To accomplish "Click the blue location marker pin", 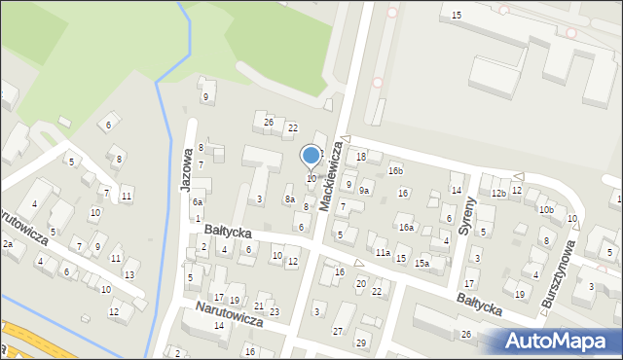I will pyautogui.click(x=311, y=156).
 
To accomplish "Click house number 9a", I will pyautogui.click(x=364, y=191).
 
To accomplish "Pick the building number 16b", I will pyautogui.click(x=395, y=171).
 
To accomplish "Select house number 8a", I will pyautogui.click(x=289, y=199).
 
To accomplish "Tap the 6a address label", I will pyautogui.click(x=198, y=201).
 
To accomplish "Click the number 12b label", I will pyautogui.click(x=498, y=194).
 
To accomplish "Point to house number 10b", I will pyautogui.click(x=546, y=209).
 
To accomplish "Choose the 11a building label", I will pyautogui.click(x=384, y=253).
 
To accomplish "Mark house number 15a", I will pyautogui.click(x=421, y=263).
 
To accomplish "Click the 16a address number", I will pyautogui.click(x=406, y=228).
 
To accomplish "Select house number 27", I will pyautogui.click(x=338, y=332).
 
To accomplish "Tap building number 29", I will pyautogui.click(x=361, y=343).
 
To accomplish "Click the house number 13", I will pyautogui.click(x=129, y=275).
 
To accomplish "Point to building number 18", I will pyautogui.click(x=361, y=157).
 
